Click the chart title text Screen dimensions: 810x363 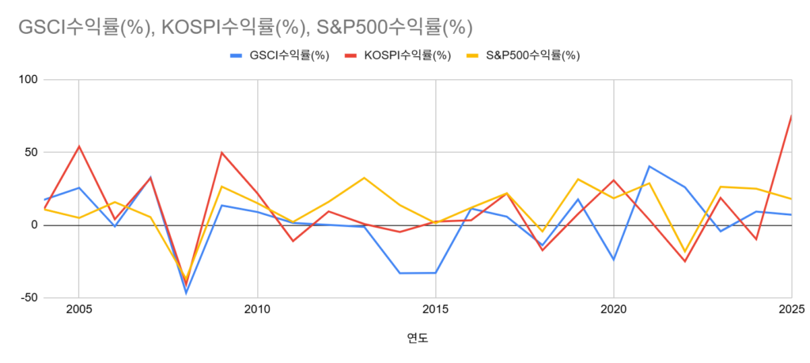[x=245, y=28]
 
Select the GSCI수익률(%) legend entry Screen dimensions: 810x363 [x=280, y=56]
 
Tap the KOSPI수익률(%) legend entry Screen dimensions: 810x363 [x=398, y=56]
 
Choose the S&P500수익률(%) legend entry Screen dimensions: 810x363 [x=523, y=56]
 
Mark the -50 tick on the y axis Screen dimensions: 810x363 [x=28, y=298]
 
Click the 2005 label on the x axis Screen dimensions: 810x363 [x=78, y=310]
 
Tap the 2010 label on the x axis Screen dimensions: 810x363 [x=257, y=310]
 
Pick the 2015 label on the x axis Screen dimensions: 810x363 [x=436, y=310]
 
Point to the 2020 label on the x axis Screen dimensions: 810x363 [x=614, y=310]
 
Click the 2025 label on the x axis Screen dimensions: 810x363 [x=792, y=310]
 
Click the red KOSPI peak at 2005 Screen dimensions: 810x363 [x=78, y=146]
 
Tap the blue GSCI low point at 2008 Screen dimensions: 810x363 [x=186, y=293]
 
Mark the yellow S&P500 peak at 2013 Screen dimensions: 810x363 [x=364, y=178]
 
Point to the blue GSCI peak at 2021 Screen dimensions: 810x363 [x=649, y=166]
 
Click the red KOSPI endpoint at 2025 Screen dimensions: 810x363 [x=791, y=115]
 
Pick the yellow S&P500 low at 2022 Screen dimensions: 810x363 [x=685, y=251]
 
